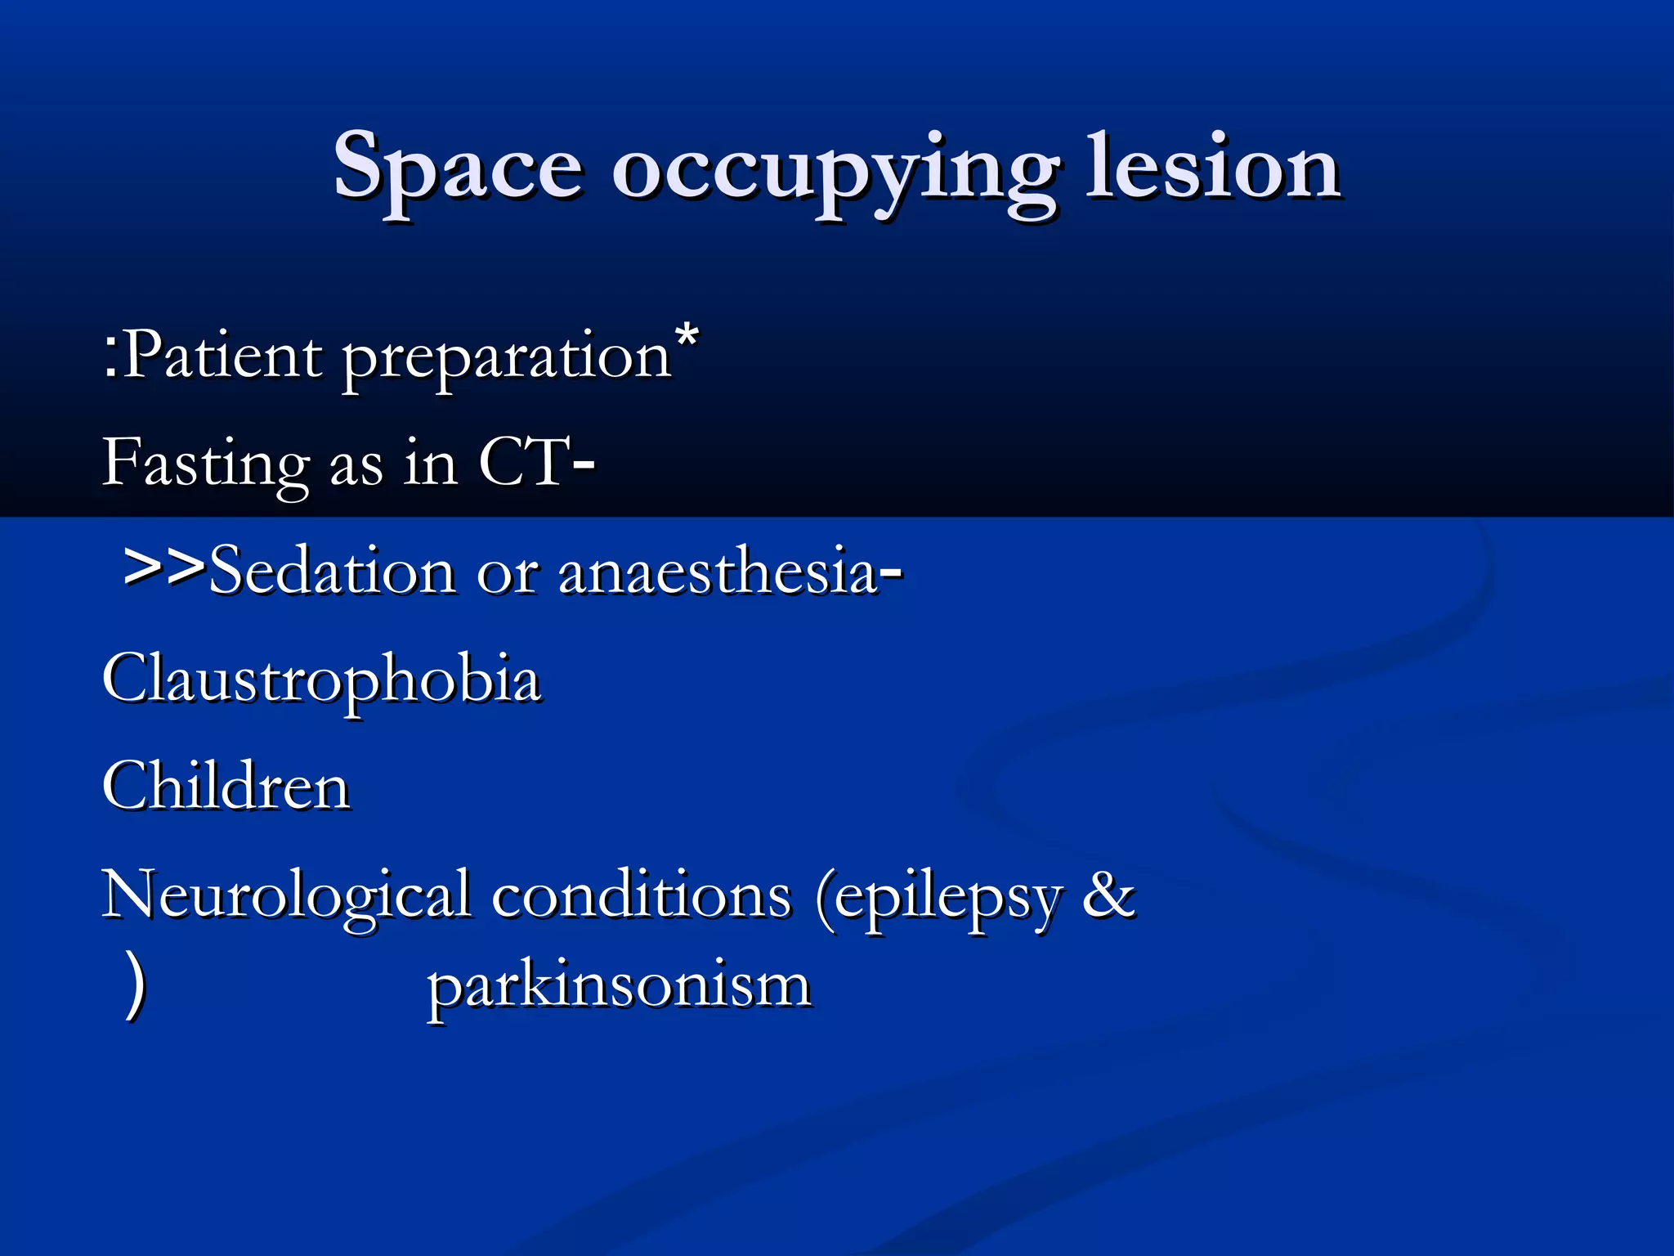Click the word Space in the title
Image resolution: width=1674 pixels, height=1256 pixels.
click(x=458, y=168)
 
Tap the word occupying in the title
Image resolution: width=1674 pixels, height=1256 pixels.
click(x=834, y=172)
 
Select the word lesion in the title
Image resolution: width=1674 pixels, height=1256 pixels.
click(x=1213, y=168)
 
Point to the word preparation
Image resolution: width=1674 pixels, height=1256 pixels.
click(x=507, y=360)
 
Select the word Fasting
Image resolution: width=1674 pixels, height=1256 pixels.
click(x=204, y=464)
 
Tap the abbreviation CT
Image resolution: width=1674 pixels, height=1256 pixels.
click(x=523, y=463)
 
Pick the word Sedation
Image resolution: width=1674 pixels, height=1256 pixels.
click(x=331, y=571)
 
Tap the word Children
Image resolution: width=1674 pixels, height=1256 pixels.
click(x=226, y=787)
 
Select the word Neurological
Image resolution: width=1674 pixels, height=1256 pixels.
click(x=286, y=896)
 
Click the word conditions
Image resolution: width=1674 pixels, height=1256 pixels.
click(x=641, y=896)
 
